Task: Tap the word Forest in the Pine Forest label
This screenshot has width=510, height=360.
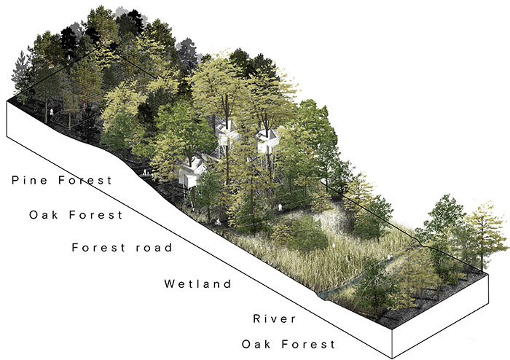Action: (85, 179)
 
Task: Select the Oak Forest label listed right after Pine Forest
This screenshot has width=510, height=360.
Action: (76, 215)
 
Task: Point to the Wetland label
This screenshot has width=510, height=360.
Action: (197, 283)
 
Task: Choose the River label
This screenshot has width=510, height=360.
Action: (275, 318)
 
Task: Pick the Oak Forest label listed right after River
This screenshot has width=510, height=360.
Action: (289, 344)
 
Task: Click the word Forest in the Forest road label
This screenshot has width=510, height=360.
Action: (99, 248)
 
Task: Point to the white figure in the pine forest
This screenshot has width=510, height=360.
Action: (51, 113)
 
